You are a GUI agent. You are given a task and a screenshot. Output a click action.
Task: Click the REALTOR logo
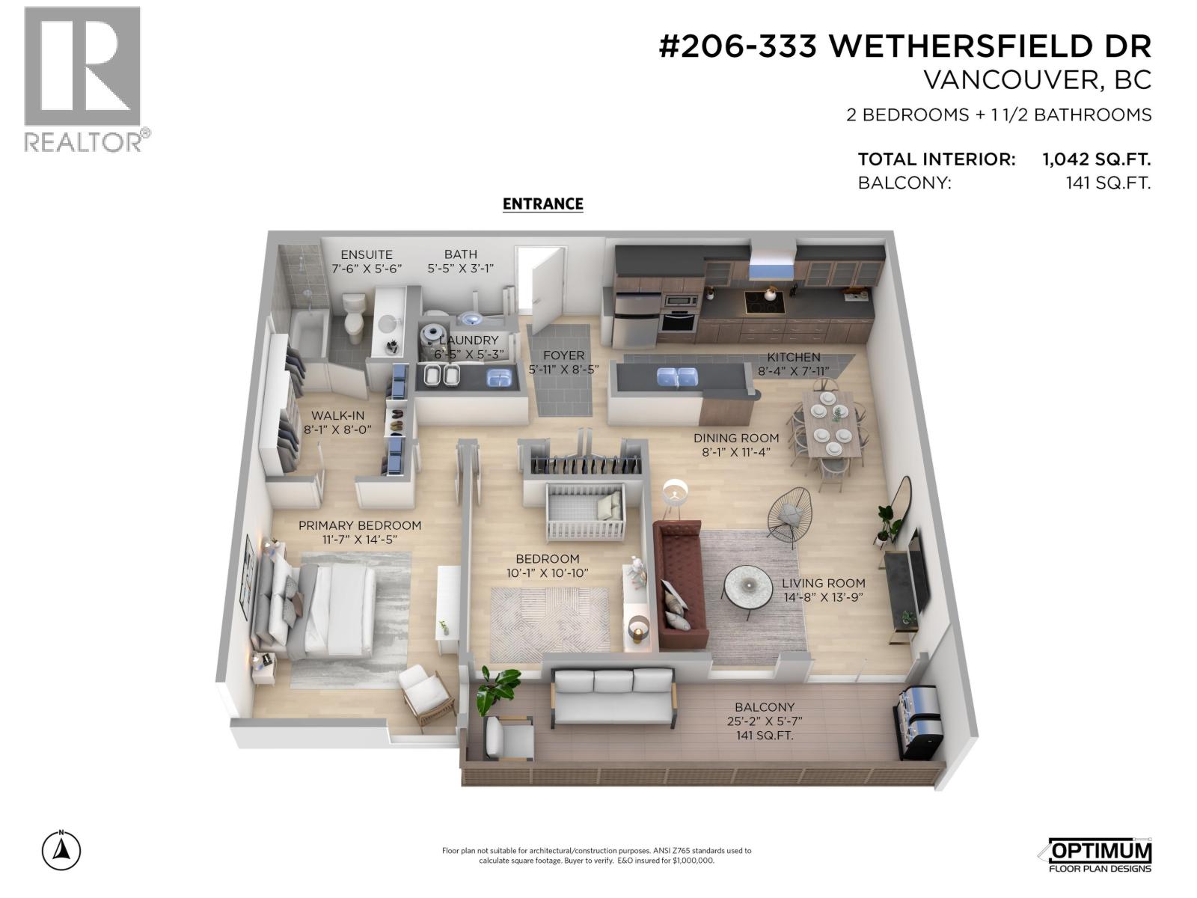point(82,79)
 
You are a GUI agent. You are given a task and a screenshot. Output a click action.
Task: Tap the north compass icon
point(61,850)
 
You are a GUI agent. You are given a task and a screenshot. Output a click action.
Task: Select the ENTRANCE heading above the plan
point(542,204)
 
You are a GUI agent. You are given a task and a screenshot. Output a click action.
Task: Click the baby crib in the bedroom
point(585,512)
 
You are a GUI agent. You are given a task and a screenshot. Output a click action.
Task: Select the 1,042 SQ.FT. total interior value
point(1096,159)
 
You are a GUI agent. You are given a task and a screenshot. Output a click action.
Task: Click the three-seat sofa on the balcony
point(613,696)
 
